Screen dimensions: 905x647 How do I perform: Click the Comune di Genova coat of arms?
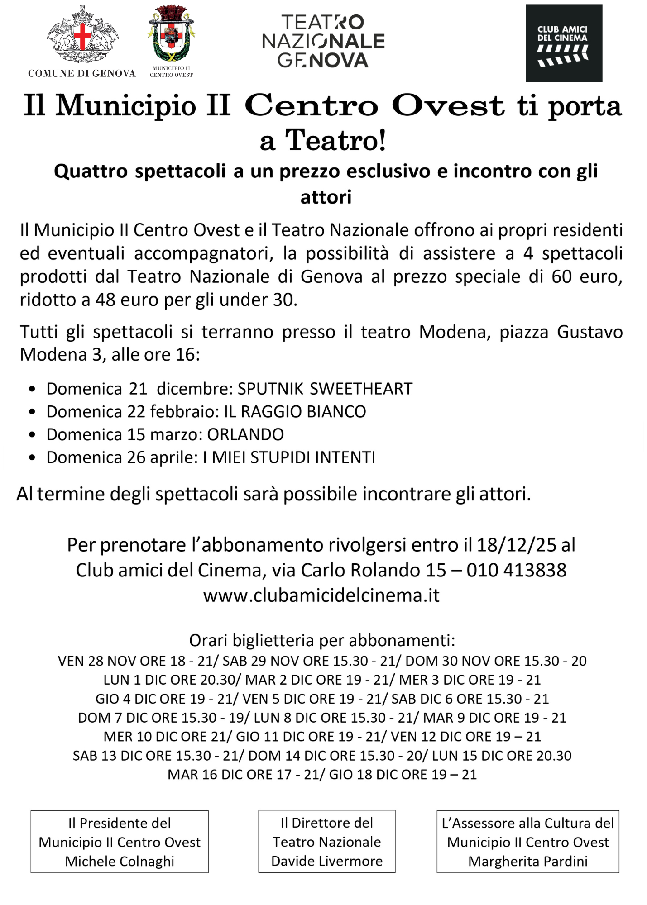pyautogui.click(x=82, y=35)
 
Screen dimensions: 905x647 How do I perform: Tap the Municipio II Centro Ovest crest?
pyautogui.click(x=171, y=33)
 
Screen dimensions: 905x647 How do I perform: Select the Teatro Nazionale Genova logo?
pyautogui.click(x=323, y=41)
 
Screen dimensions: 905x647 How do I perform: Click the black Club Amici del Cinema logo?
pyautogui.click(x=563, y=43)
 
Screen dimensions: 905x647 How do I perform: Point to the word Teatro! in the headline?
pyautogui.click(x=335, y=140)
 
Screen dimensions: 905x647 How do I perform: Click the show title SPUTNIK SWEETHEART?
pyautogui.click(x=325, y=389)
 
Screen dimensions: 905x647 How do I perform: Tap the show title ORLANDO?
pyautogui.click(x=245, y=435)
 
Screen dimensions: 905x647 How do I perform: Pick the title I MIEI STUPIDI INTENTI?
pyautogui.click(x=289, y=457)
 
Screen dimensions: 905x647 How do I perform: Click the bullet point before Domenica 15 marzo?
pyautogui.click(x=32, y=435)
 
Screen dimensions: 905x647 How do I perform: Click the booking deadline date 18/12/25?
pyautogui.click(x=516, y=545)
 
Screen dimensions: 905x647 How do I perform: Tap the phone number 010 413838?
pyautogui.click(x=517, y=571)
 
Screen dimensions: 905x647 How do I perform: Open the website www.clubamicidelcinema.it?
pyautogui.click(x=321, y=595)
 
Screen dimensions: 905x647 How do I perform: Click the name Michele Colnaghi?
pyautogui.click(x=120, y=861)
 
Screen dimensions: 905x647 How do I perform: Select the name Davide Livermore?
pyautogui.click(x=327, y=861)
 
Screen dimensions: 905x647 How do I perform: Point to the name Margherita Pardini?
pyautogui.click(x=528, y=861)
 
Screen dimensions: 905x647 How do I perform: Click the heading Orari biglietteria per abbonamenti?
pyautogui.click(x=322, y=641)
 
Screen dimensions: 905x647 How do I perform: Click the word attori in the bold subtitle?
pyautogui.click(x=326, y=197)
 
